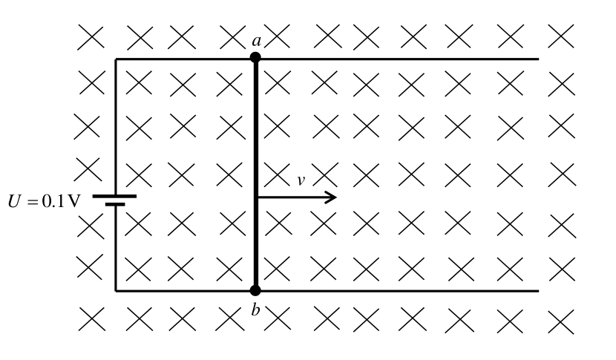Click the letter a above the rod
click(x=257, y=42)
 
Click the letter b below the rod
click(x=256, y=310)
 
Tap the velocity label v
click(x=301, y=180)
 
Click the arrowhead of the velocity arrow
click(x=330, y=197)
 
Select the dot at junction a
click(x=255, y=58)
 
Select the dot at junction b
click(x=255, y=290)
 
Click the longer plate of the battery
click(x=115, y=196)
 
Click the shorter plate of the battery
click(x=115, y=204)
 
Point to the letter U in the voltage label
click(x=14, y=201)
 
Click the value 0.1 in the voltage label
click(x=52, y=201)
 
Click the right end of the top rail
click(x=538, y=59)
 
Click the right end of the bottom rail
click(x=538, y=291)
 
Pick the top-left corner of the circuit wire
click(x=116, y=59)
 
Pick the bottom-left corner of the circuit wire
click(x=116, y=291)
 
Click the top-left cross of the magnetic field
click(x=91, y=37)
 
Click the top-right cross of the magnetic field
click(x=561, y=36)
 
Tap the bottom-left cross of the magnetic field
click(x=92, y=319)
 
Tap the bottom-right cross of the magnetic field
click(x=561, y=322)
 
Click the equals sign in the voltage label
click(x=32, y=202)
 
